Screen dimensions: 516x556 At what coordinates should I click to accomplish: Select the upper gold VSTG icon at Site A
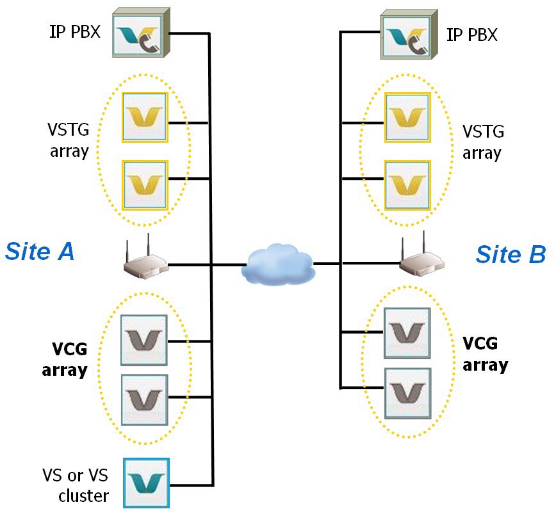coord(145,117)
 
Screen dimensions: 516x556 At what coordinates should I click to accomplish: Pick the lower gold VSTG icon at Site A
coord(145,185)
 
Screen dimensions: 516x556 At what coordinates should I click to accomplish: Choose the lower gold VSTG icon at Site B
coord(407,184)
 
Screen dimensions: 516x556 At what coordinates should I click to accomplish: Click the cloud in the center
coord(279,263)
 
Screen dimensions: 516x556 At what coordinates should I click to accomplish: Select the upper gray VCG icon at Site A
coord(144,340)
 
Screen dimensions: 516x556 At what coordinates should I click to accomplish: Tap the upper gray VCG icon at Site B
coord(407,333)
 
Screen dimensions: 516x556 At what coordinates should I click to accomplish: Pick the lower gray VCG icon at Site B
coord(407,392)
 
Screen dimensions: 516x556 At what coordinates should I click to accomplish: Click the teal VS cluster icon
coord(146,482)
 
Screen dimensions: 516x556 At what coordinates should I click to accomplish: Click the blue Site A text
coord(40,252)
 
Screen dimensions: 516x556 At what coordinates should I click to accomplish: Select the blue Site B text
coord(510,254)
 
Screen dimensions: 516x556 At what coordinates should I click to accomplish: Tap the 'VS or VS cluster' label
coord(76,485)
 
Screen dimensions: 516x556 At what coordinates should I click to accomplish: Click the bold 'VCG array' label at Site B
coord(485,354)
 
